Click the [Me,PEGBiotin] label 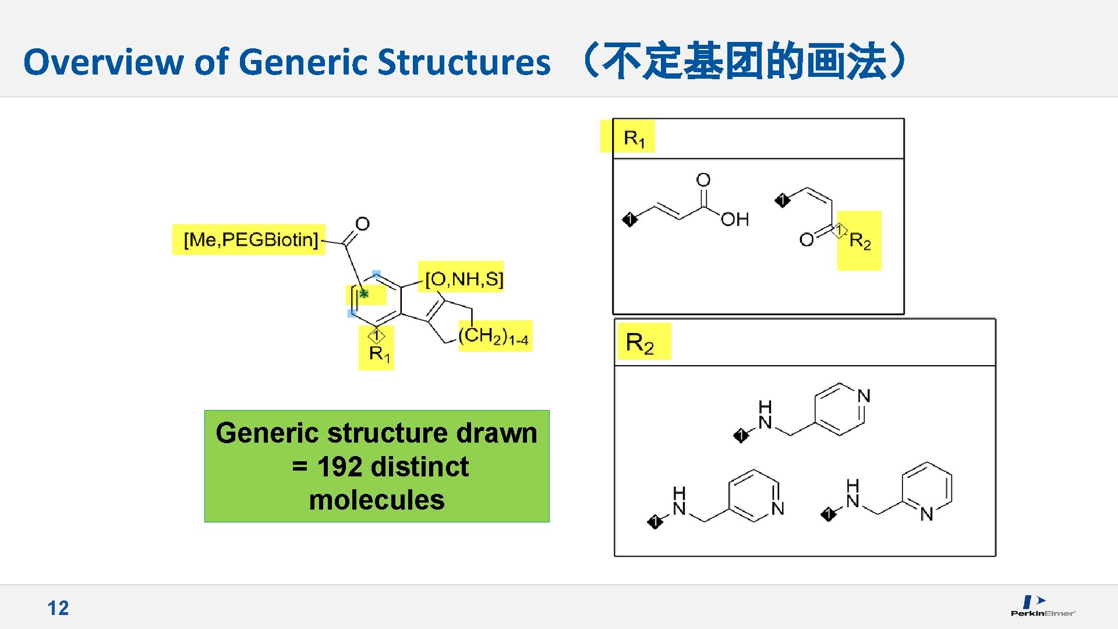[250, 239]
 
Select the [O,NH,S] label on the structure [464, 279]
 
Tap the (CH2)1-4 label [494, 336]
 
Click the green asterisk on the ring [364, 294]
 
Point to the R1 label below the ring [379, 353]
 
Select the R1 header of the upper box [634, 138]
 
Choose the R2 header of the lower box [639, 342]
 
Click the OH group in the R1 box [734, 220]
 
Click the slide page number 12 [58, 608]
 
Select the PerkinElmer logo [1042, 606]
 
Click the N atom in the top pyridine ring [864, 396]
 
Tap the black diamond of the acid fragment [629, 220]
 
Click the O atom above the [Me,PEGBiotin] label [362, 224]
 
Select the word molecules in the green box [377, 500]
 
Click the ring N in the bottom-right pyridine [926, 514]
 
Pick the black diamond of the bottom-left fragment [654, 521]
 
